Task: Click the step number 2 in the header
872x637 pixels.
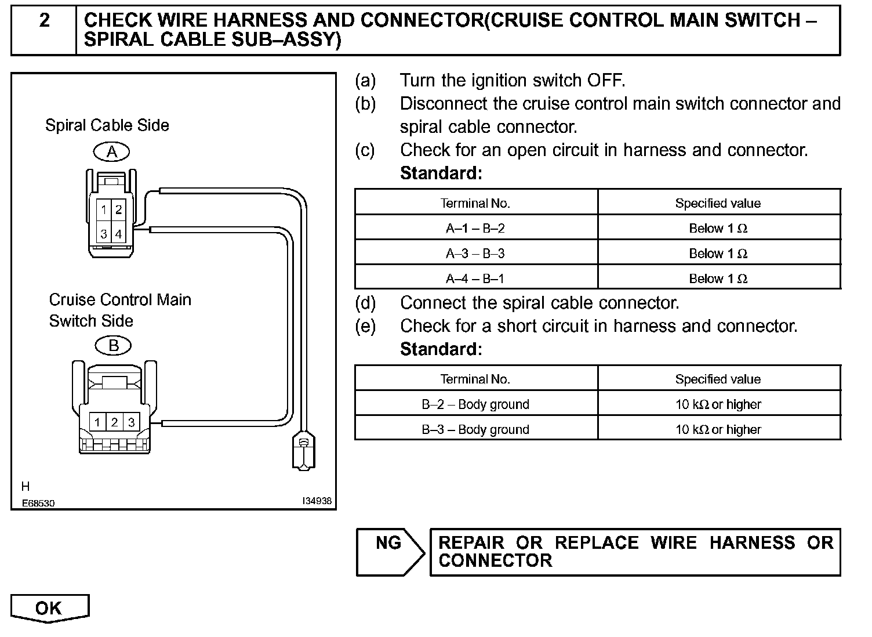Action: click(x=44, y=21)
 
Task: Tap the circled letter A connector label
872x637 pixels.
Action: click(x=112, y=152)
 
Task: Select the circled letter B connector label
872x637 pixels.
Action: click(x=114, y=346)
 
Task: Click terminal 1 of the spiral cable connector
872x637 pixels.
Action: click(x=103, y=209)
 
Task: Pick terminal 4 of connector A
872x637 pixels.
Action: click(x=118, y=234)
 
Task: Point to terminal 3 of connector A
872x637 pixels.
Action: click(x=103, y=234)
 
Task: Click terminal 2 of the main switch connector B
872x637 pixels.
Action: click(x=114, y=422)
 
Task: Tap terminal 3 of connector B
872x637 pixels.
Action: click(x=131, y=422)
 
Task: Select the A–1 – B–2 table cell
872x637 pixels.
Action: click(x=475, y=229)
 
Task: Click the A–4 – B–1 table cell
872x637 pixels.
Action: click(x=475, y=279)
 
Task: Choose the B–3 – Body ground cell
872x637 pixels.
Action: click(x=475, y=430)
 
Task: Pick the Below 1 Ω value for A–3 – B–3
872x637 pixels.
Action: click(x=718, y=254)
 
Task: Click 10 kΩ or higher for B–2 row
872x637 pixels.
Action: click(x=718, y=404)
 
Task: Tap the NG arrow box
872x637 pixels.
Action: click(x=390, y=551)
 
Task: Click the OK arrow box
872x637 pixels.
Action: click(x=49, y=608)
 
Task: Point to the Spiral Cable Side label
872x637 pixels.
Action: click(x=107, y=125)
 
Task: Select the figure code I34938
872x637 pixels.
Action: click(x=317, y=501)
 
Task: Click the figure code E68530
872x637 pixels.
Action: click(x=38, y=503)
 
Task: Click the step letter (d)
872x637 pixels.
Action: click(x=365, y=303)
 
